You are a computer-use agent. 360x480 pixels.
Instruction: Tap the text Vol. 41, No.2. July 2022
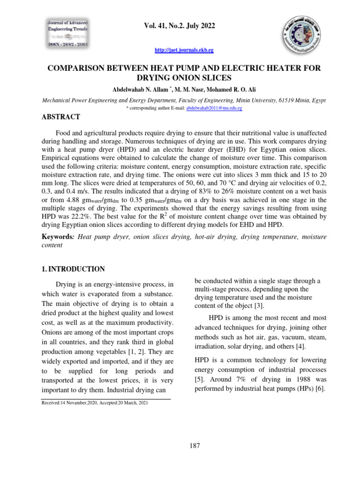pyautogui.click(x=180, y=26)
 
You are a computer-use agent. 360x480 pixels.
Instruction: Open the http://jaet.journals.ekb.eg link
pyautogui.click(x=180, y=50)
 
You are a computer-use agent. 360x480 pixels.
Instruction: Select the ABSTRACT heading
pyautogui.click(x=61, y=117)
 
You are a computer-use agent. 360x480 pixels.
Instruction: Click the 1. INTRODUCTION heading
pyautogui.click(x=74, y=269)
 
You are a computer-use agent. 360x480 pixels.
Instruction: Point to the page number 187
pyautogui.click(x=195, y=445)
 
